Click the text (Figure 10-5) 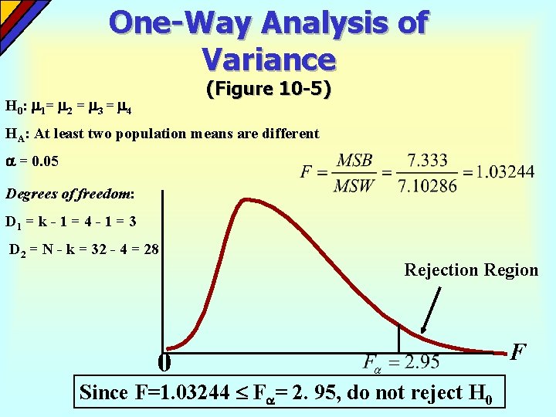coord(269,90)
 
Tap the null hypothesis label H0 coord(13,106)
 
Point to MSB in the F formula coord(354,161)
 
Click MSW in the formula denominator coord(354,185)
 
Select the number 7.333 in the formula coord(427,161)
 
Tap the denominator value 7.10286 coord(427,185)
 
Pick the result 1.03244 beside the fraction coord(504,171)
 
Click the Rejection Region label coord(471,270)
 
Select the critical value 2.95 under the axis coord(422,362)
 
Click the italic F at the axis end coord(518,352)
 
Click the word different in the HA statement coord(287,134)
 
